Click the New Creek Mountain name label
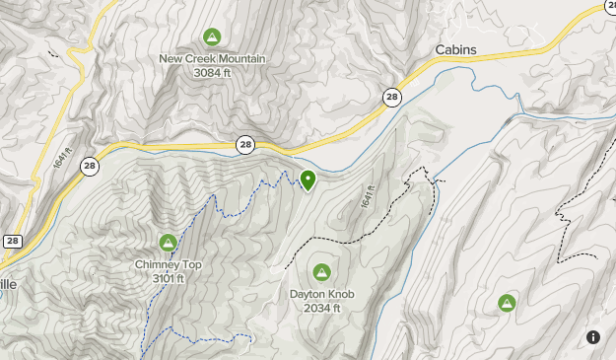click(212, 58)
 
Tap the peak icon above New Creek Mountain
click(211, 37)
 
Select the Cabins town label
click(455, 50)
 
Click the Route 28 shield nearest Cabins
click(392, 96)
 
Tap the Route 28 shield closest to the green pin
click(244, 145)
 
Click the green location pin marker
click(308, 180)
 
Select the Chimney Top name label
click(169, 264)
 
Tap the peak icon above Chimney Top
click(168, 243)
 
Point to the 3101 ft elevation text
click(169, 278)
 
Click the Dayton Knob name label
click(321, 294)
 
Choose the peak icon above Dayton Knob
click(321, 272)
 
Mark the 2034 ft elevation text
click(321, 308)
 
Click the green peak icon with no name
click(507, 303)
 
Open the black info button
click(593, 336)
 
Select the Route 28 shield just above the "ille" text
click(13, 241)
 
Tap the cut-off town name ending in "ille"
click(7, 283)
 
